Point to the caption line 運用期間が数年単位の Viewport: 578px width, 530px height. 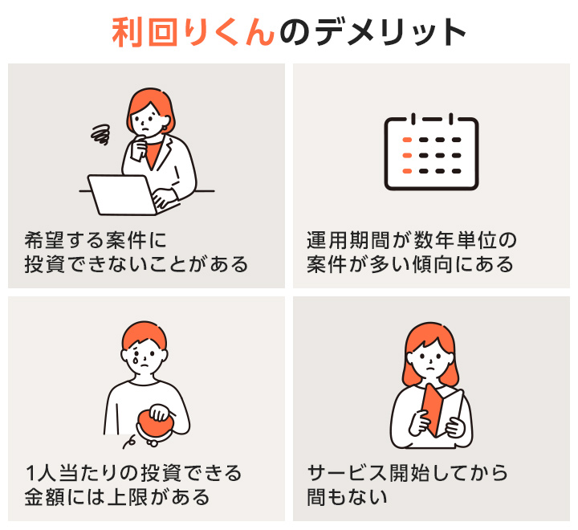click(x=413, y=239)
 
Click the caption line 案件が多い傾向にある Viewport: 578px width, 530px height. click(x=409, y=264)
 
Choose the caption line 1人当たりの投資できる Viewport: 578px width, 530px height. click(x=133, y=471)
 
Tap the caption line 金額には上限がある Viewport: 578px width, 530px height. click(x=117, y=496)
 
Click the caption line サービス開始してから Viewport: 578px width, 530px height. click(x=408, y=471)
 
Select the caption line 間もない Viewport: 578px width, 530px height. click(x=348, y=496)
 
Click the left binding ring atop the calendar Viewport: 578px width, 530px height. click(x=412, y=120)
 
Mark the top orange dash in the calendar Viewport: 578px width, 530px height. click(x=407, y=140)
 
